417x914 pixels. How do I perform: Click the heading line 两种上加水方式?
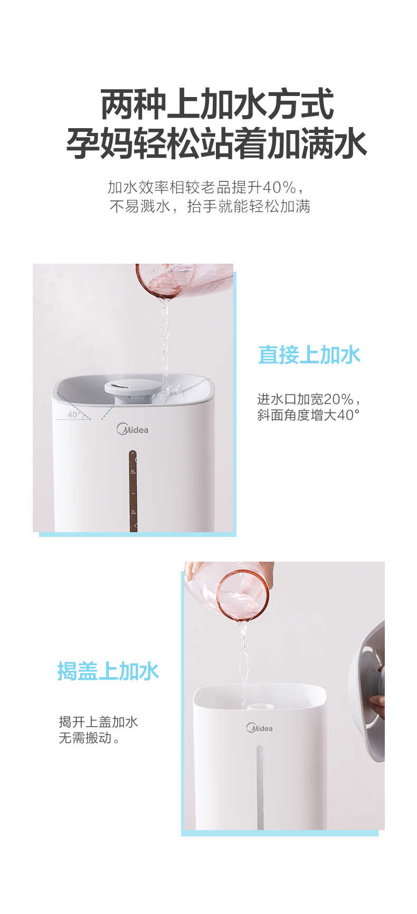tap(216, 104)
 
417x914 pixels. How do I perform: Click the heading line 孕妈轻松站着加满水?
tap(216, 143)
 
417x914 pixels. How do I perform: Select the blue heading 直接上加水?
tap(309, 355)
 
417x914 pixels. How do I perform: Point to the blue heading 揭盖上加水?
tap(108, 671)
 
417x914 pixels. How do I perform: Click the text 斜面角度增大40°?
tap(308, 415)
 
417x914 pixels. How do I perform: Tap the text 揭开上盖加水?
tap(98, 721)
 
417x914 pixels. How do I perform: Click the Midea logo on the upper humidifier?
tap(132, 429)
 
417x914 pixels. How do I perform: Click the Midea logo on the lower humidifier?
tap(259, 728)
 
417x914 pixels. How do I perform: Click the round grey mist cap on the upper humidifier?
tap(132, 388)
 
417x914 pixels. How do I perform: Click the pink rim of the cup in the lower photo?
tap(243, 595)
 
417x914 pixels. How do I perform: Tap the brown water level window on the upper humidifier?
tap(133, 490)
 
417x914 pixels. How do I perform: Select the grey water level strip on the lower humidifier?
tap(260, 786)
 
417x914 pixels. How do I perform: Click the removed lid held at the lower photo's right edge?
tap(369, 691)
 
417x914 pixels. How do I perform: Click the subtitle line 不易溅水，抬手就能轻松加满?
tap(210, 206)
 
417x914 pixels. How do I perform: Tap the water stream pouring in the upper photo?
tap(166, 338)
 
